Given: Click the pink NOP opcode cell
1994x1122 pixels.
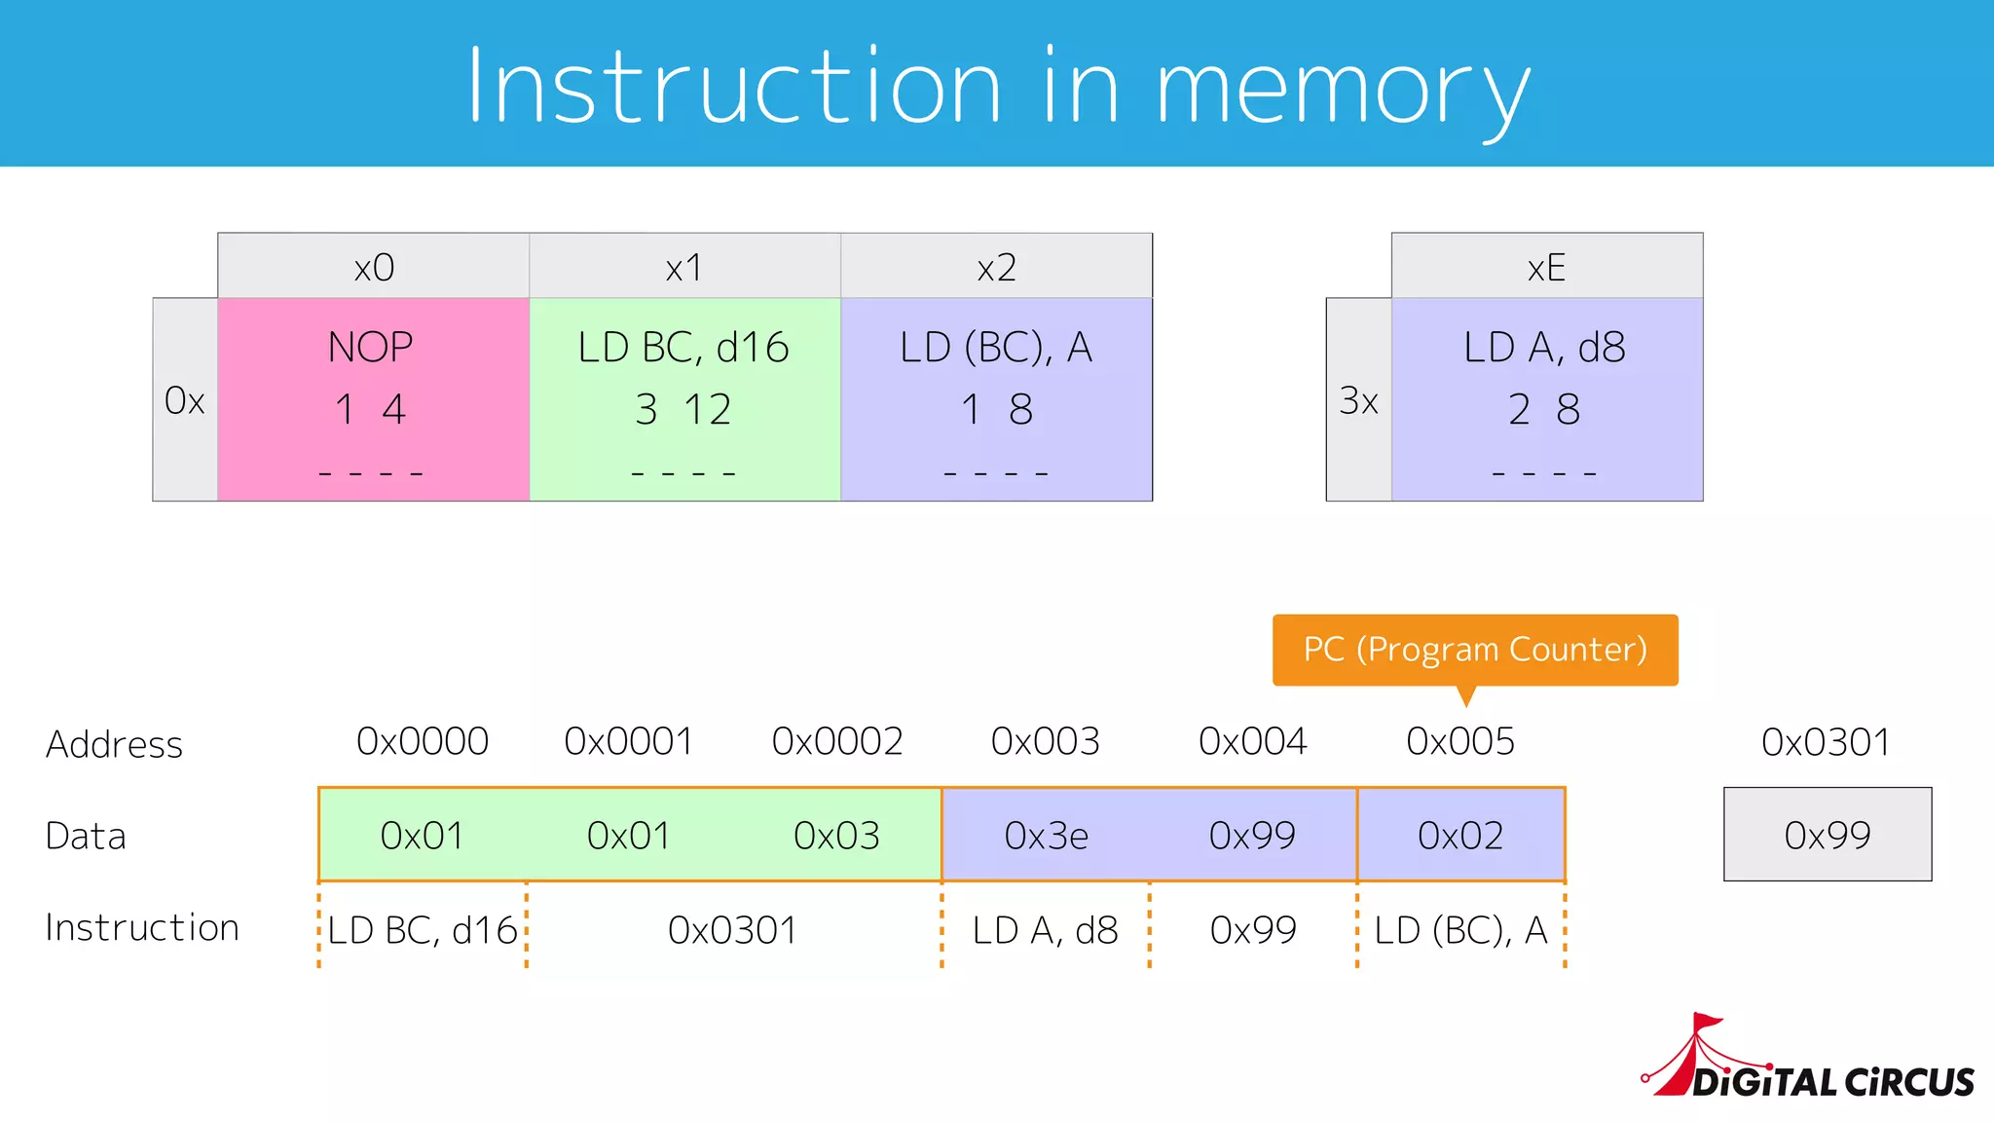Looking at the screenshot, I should coord(373,399).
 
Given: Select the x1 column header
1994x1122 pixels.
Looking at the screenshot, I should coord(684,267).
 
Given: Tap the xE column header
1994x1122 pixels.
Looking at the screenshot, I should coord(1546,267).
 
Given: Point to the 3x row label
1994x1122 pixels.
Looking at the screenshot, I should coord(1358,400).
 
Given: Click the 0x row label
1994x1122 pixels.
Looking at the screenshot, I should coord(185,400).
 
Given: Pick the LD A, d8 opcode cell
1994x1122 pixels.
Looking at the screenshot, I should coord(1546,399).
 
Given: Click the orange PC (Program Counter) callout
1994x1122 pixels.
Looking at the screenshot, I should coord(1474,650).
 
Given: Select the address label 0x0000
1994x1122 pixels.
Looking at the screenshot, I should coord(423,742).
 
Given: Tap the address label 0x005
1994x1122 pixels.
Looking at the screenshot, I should coord(1460,742).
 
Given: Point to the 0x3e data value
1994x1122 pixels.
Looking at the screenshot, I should coord(1046,836).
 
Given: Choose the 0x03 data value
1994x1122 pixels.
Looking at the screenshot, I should coord(836,836).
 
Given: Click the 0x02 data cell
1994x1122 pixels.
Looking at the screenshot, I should coord(1460,836).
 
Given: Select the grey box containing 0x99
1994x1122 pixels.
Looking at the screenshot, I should coord(1828,835).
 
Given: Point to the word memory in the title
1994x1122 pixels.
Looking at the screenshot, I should coord(1343,90).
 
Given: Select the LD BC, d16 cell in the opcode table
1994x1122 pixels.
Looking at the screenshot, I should coord(684,399).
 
